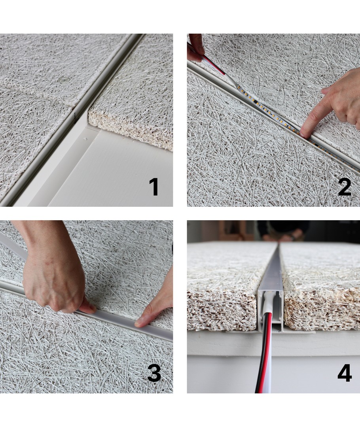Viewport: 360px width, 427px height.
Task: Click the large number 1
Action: [154, 187]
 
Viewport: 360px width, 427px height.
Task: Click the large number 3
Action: [154, 373]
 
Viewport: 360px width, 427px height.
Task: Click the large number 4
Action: [345, 373]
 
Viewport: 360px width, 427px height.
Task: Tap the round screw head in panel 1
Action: [64, 80]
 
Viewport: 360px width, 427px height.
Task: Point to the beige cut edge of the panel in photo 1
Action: [131, 128]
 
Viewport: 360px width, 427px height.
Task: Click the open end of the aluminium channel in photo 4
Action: [271, 310]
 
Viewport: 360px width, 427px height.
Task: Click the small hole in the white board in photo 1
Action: [86, 139]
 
